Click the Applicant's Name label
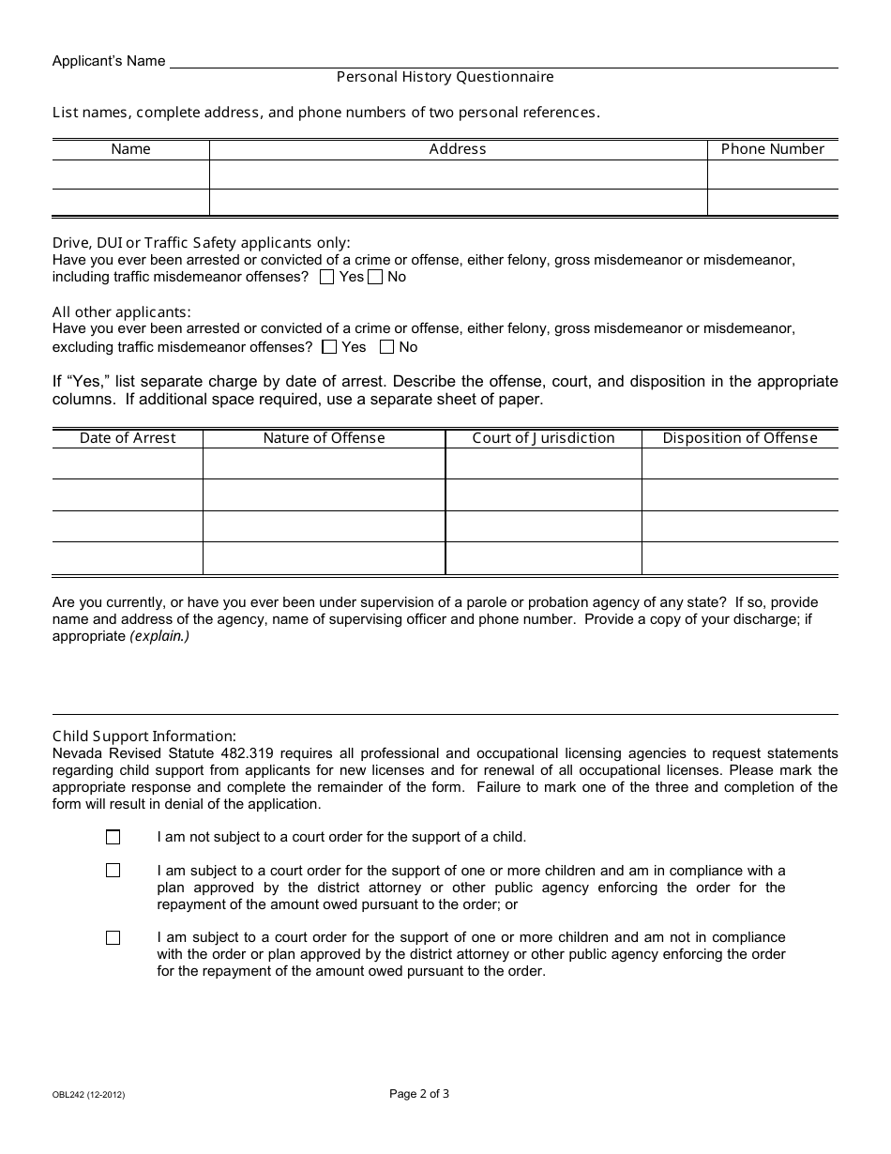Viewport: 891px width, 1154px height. pos(109,61)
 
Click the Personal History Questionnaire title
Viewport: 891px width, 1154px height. pos(445,77)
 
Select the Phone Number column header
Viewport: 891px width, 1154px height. pos(772,149)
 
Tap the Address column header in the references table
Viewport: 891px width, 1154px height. pos(458,149)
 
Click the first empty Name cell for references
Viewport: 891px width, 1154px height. pos(130,175)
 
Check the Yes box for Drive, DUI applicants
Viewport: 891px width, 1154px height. pos(327,277)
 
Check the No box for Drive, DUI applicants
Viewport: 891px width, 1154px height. pos(375,277)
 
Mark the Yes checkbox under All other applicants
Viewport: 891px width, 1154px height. pos(329,347)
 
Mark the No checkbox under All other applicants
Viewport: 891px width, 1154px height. pos(386,347)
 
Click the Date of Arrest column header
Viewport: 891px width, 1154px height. pos(128,438)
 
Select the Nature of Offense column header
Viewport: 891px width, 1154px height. pos(324,438)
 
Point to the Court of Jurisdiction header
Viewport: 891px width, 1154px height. pos(543,438)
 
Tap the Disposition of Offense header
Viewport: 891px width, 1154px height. pos(740,438)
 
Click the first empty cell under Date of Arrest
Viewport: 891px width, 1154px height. pos(128,463)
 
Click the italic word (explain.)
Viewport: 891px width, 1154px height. pos(159,636)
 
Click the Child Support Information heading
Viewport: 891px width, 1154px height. pos(144,736)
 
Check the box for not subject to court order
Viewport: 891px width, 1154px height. pos(113,837)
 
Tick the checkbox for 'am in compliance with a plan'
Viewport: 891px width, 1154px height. pos(113,871)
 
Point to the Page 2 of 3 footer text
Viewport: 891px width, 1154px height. pos(419,1093)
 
